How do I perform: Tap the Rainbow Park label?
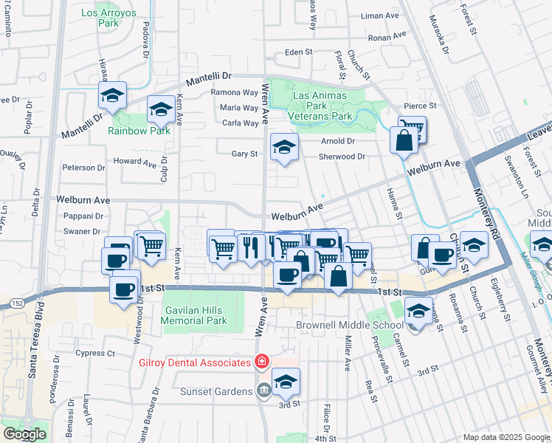click(x=139, y=131)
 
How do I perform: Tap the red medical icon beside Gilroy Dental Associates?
click(x=261, y=362)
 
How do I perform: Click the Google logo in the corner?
click(x=24, y=433)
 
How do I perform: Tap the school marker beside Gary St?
click(x=283, y=145)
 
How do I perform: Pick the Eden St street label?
click(x=299, y=53)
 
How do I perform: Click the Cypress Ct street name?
click(x=100, y=353)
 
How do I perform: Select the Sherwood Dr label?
click(x=342, y=157)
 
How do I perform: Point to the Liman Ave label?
click(x=380, y=16)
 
